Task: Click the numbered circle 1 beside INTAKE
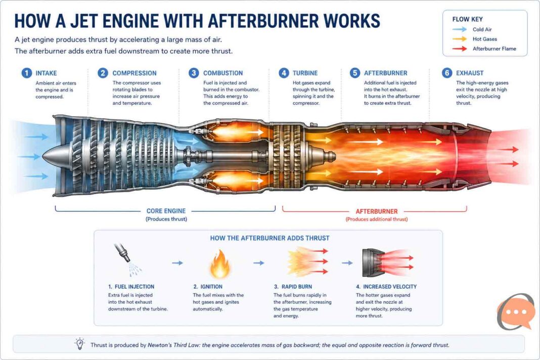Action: (x=26, y=73)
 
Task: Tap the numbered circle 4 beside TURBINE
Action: (x=284, y=73)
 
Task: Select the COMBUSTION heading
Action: (x=223, y=73)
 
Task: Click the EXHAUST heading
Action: (x=470, y=73)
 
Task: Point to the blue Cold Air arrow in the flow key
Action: (x=460, y=30)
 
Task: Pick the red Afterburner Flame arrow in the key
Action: (x=460, y=49)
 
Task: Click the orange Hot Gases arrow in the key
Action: (x=460, y=39)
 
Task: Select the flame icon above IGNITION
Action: (x=219, y=264)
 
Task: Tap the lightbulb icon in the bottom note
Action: (x=79, y=343)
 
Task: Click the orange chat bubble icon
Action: (x=516, y=312)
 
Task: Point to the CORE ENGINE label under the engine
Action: (x=166, y=211)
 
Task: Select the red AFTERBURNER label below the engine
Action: (x=376, y=211)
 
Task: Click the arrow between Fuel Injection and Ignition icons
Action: (x=177, y=263)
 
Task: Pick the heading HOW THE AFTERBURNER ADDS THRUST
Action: (x=269, y=238)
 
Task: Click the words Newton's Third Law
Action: (x=174, y=345)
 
